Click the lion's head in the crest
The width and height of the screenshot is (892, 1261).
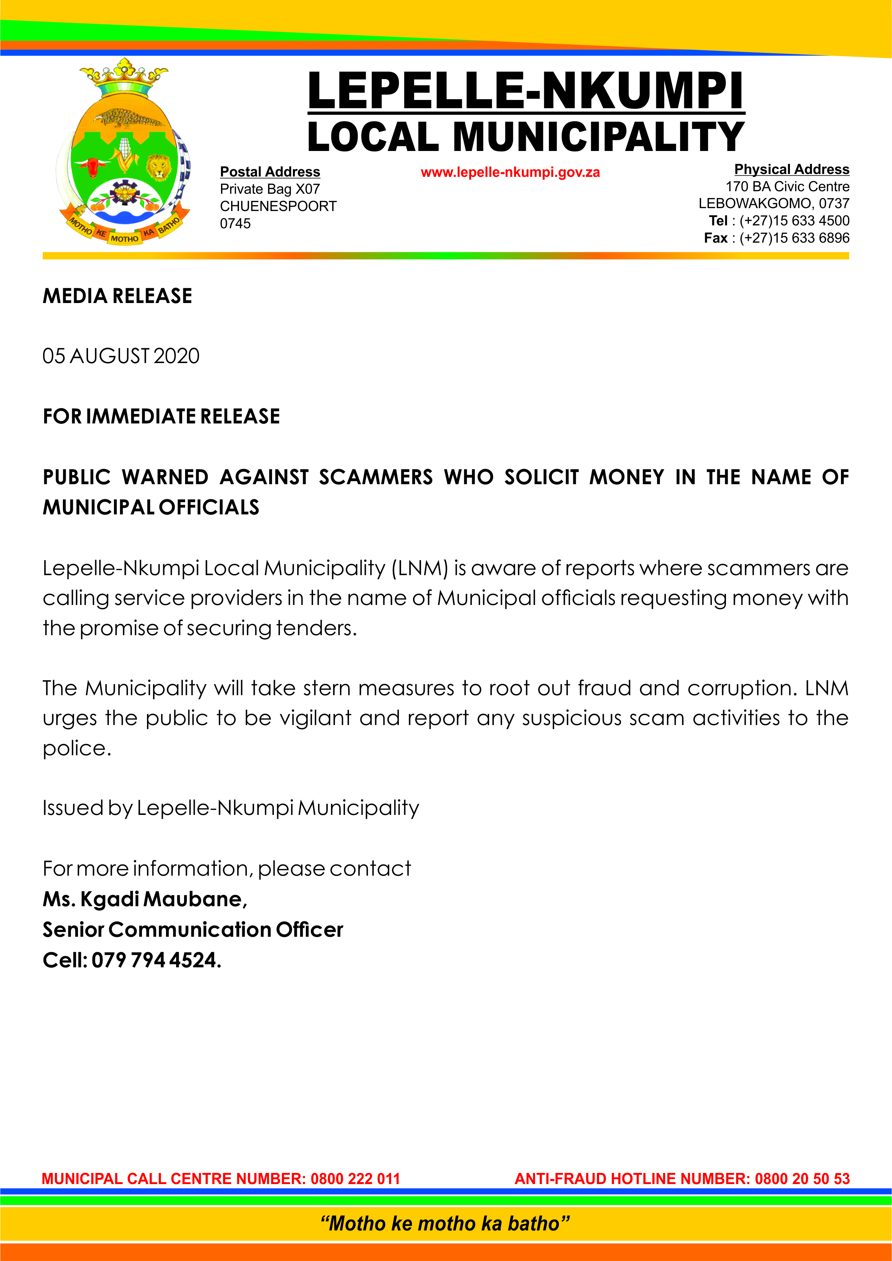[x=159, y=166]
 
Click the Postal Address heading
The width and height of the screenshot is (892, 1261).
[x=270, y=172]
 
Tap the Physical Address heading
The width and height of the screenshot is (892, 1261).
[x=791, y=169]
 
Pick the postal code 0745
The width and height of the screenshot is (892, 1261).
[x=235, y=224]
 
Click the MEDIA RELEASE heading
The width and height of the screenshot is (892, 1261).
[x=118, y=296]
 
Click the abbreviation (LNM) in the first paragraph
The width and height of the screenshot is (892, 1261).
[x=420, y=568]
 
